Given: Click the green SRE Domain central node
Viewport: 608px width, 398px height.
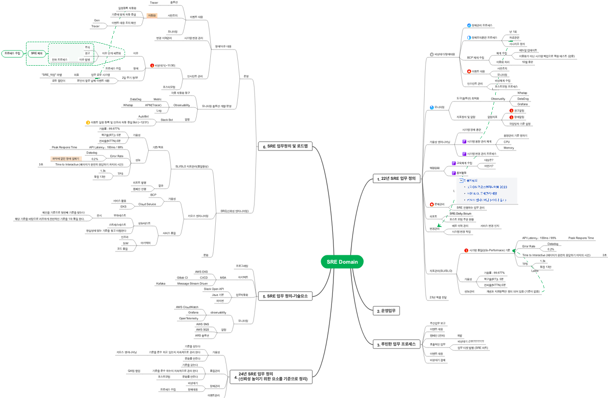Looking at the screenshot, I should pyautogui.click(x=342, y=262).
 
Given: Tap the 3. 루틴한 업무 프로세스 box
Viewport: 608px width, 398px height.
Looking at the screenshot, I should pyautogui.click(x=396, y=344).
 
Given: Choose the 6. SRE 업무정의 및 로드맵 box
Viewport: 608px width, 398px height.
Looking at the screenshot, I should pyautogui.click(x=285, y=146).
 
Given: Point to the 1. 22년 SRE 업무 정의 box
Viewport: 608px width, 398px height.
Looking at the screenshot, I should pyautogui.click(x=396, y=178).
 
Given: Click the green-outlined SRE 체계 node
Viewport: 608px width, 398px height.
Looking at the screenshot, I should pyautogui.click(x=37, y=53).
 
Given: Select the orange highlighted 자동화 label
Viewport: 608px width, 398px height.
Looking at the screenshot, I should pyautogui.click(x=152, y=15).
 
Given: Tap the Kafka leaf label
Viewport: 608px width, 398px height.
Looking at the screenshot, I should pyautogui.click(x=161, y=283).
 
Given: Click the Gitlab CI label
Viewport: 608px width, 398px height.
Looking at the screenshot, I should pyautogui.click(x=182, y=277).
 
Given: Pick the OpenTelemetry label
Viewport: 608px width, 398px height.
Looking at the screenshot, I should pyautogui.click(x=189, y=318).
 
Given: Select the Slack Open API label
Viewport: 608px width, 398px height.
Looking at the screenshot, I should pyautogui.click(x=214, y=289).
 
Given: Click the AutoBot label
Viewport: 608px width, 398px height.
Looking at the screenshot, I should pyautogui.click(x=143, y=116).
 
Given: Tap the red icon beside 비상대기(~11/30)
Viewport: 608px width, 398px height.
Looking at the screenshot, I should pyautogui.click(x=152, y=65).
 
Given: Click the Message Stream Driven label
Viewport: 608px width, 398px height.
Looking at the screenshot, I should pyautogui.click(x=192, y=283).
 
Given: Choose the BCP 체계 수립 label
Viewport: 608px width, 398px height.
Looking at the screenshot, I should pyautogui.click(x=475, y=57).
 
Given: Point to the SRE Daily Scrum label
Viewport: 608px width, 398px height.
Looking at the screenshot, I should pyautogui.click(x=460, y=213).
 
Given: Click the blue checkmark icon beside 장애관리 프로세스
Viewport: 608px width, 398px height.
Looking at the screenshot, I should pyautogui.click(x=469, y=25).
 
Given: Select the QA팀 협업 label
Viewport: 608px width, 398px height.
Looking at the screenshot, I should pyautogui.click(x=134, y=371).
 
